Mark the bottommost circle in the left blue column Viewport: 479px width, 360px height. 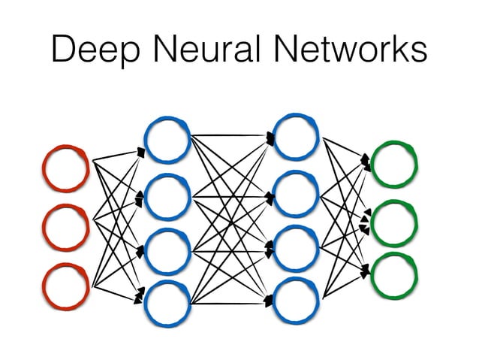(167, 302)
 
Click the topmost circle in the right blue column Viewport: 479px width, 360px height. (297, 136)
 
